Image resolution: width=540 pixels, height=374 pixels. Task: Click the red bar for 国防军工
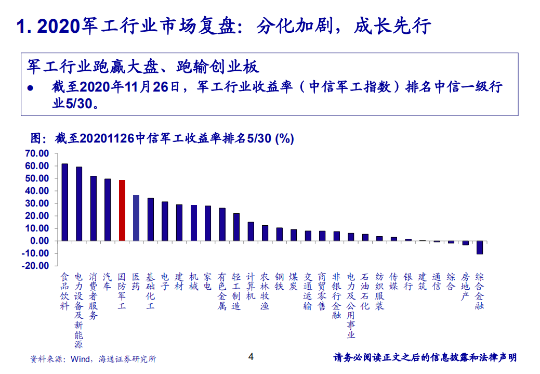(x=122, y=210)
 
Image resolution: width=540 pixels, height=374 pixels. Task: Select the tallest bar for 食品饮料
(x=65, y=202)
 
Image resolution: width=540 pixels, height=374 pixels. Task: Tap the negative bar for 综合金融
(x=480, y=247)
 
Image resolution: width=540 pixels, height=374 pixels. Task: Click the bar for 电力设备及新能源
(x=79, y=203)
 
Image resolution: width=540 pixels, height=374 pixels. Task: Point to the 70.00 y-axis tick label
(x=36, y=153)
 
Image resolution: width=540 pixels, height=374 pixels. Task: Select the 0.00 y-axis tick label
(x=39, y=241)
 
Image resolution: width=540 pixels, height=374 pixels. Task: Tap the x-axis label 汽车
(x=108, y=281)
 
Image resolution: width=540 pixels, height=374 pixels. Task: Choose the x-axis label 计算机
(x=251, y=287)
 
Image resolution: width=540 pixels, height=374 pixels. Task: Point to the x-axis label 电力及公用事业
(x=351, y=305)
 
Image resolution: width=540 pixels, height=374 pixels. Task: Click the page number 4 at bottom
(x=251, y=357)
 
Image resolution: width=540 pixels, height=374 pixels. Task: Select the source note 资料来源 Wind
(x=93, y=359)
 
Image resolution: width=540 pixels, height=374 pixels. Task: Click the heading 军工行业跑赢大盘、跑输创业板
(x=143, y=67)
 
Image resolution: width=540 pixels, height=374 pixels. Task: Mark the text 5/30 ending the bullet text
(x=78, y=103)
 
